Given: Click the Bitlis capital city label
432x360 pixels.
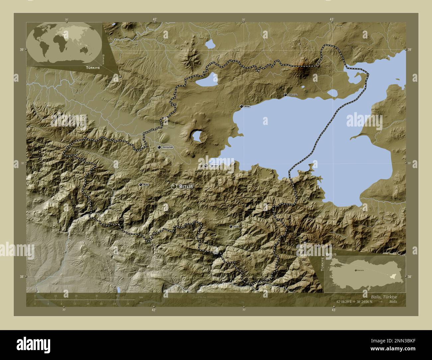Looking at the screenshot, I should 186,187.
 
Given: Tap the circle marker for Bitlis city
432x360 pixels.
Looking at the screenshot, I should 174,187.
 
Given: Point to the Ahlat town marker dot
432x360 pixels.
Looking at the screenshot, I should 241,107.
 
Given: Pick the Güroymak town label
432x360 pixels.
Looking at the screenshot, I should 167,147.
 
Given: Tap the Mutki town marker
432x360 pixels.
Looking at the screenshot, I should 141,185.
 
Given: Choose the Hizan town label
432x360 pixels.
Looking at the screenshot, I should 236,226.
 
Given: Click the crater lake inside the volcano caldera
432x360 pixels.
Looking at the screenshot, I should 197,135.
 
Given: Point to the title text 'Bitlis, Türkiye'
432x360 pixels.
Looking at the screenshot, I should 381,296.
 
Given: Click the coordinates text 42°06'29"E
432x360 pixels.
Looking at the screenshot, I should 348,302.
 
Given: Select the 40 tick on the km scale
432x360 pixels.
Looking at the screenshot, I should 117,296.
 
